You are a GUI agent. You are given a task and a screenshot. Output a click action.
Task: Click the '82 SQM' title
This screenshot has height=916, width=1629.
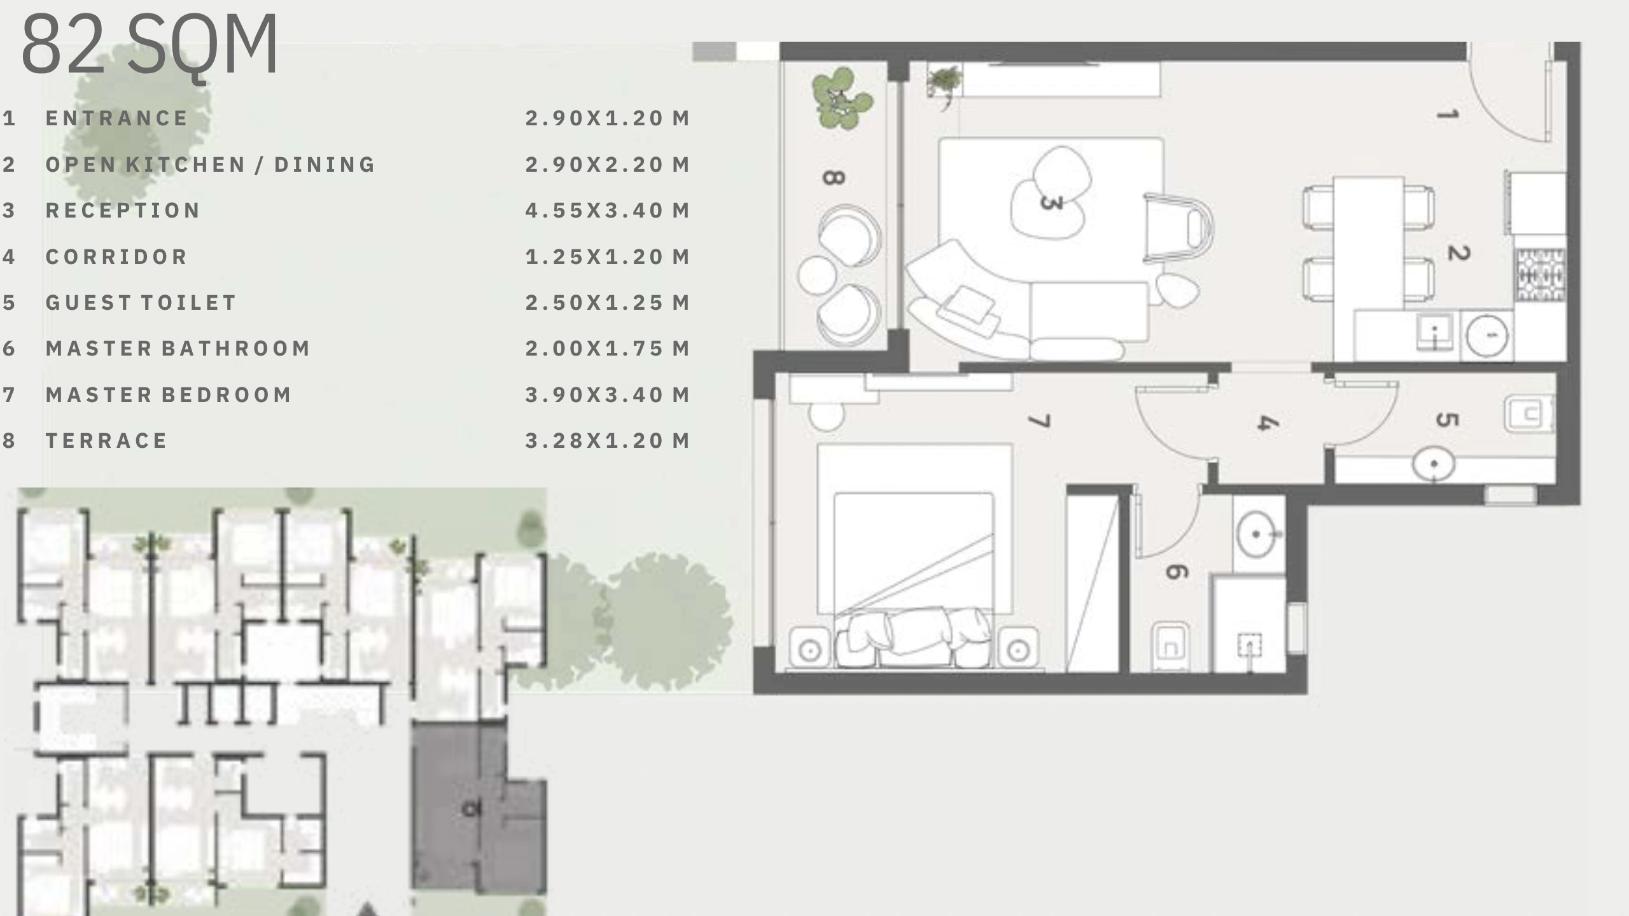[x=150, y=45]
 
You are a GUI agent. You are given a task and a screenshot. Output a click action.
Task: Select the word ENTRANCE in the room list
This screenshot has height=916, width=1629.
[x=117, y=118]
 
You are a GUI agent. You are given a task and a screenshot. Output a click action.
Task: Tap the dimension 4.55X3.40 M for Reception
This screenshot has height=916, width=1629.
[x=608, y=211]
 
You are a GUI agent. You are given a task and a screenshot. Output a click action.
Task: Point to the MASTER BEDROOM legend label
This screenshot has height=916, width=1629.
[x=169, y=395]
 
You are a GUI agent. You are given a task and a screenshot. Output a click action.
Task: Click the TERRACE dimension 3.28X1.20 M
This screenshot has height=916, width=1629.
[x=608, y=441]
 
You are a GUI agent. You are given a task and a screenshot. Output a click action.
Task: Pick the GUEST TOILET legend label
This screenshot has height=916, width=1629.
[x=141, y=303]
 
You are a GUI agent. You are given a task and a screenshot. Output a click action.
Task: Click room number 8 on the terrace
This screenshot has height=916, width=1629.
[x=834, y=177]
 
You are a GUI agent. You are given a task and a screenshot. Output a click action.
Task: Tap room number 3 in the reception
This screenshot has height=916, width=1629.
[x=1051, y=202]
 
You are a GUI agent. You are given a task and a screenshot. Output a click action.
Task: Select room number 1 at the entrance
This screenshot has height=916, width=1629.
[x=1448, y=115]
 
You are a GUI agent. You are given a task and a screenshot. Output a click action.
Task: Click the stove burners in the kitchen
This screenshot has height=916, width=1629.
[x=1541, y=275]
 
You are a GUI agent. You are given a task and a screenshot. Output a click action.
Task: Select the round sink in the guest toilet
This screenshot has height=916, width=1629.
[x=1434, y=464]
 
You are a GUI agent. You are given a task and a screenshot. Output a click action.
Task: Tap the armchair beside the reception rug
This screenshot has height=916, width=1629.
[x=1177, y=228]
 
